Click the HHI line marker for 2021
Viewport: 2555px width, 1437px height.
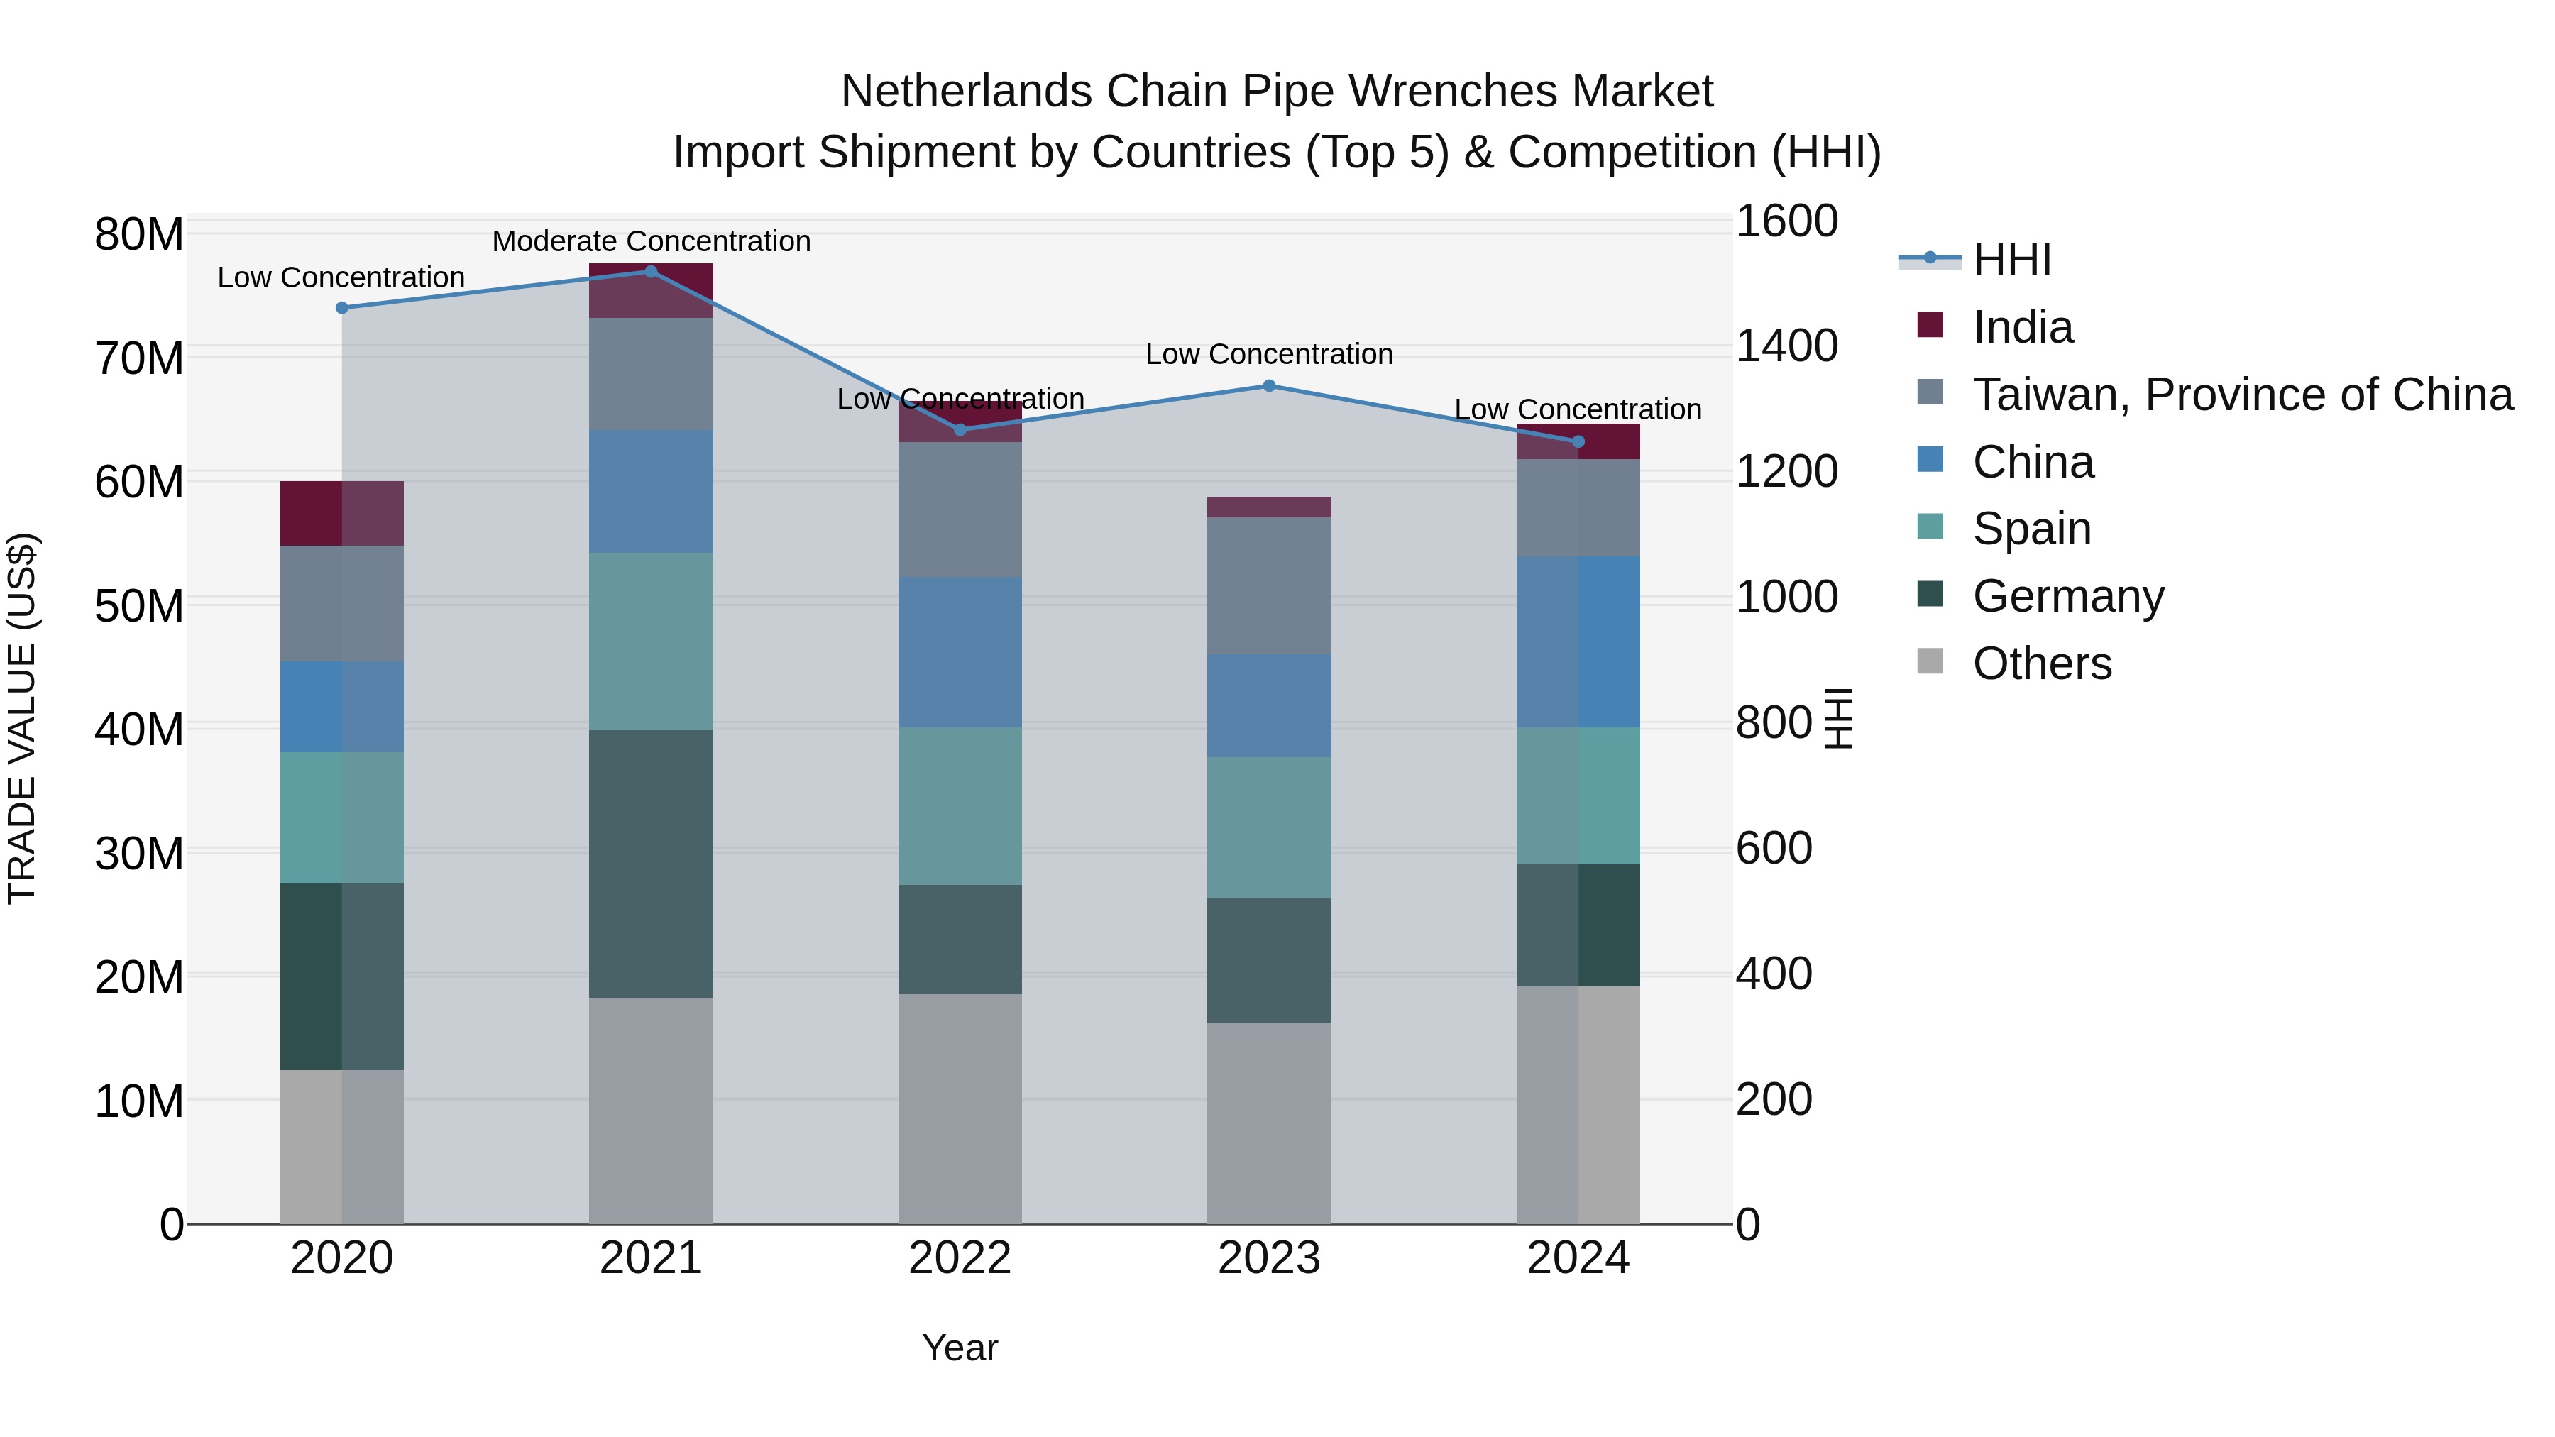click(651, 272)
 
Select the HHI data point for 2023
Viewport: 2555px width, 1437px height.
click(1268, 386)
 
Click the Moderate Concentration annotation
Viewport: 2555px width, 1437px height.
click(651, 242)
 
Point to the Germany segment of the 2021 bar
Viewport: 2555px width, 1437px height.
click(651, 863)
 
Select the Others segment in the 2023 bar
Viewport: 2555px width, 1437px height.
click(1268, 1123)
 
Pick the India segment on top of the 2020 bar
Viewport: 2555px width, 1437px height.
click(341, 513)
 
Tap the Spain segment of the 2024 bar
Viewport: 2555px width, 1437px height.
click(1577, 795)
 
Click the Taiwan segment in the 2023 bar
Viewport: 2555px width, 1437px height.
click(1268, 585)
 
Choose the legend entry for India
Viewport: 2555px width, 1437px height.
click(2021, 327)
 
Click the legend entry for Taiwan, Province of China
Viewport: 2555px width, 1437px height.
click(2241, 395)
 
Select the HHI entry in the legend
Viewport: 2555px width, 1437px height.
click(2011, 260)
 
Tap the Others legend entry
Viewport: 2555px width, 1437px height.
click(2041, 664)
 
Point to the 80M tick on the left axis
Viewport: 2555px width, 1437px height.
click(139, 235)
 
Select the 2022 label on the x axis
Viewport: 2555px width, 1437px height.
click(959, 1258)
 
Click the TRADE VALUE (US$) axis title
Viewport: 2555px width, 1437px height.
click(22, 718)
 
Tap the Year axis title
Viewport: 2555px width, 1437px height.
click(959, 1348)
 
